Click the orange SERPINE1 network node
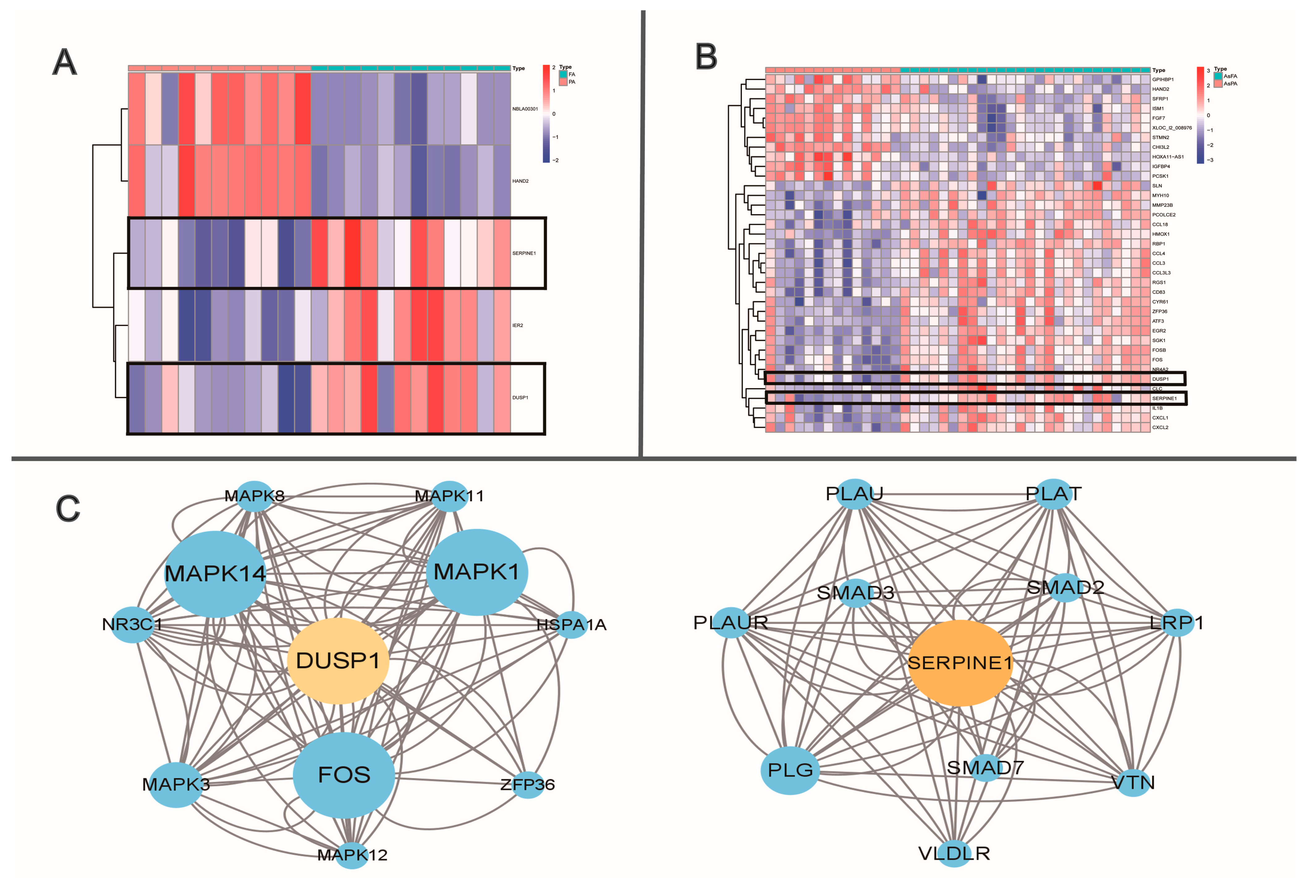click(959, 663)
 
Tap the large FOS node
click(344, 775)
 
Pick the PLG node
click(790, 770)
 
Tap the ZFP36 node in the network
click(527, 784)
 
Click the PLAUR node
click(731, 622)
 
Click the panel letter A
click(64, 62)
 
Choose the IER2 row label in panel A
click(518, 325)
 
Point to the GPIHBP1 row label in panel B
click(1162, 79)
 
